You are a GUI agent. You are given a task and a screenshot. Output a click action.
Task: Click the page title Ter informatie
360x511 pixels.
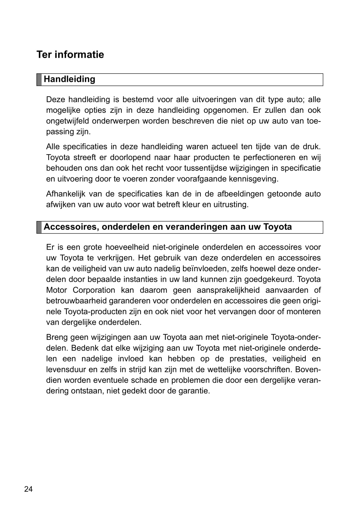[x=70, y=55]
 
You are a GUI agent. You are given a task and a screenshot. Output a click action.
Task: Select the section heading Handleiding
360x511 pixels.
[x=69, y=79]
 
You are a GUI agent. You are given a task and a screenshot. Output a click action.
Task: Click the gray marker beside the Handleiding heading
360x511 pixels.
[x=39, y=79]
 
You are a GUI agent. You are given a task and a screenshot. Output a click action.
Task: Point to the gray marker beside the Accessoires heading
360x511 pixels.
[x=39, y=227]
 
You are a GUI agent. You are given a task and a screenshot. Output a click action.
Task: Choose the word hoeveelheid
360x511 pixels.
[x=127, y=247]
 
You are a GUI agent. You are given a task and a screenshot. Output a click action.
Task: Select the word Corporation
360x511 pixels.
[x=94, y=290]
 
